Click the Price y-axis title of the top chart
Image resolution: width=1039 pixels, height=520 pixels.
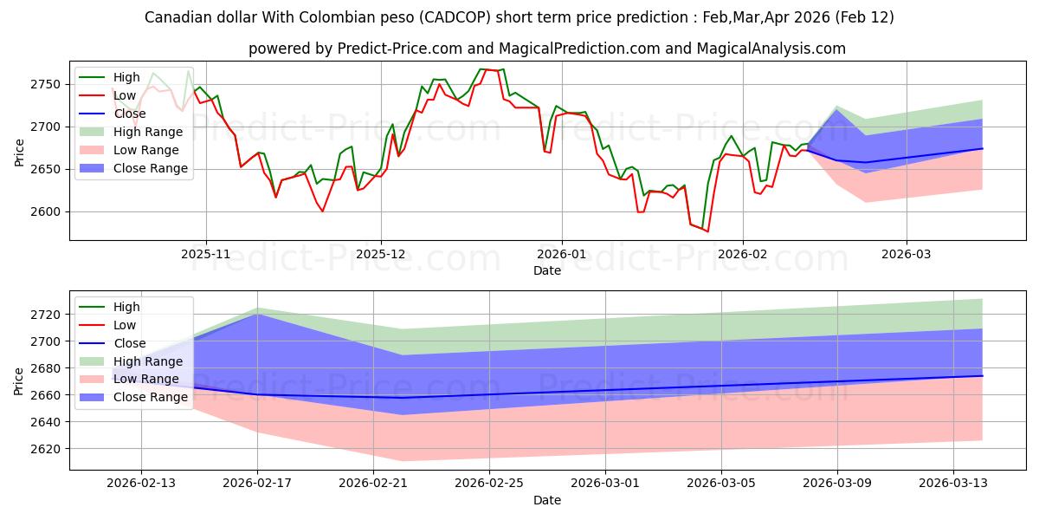[19, 151]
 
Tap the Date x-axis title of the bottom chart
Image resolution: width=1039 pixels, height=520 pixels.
[546, 500]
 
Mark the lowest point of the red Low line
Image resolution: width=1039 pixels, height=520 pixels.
[707, 231]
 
